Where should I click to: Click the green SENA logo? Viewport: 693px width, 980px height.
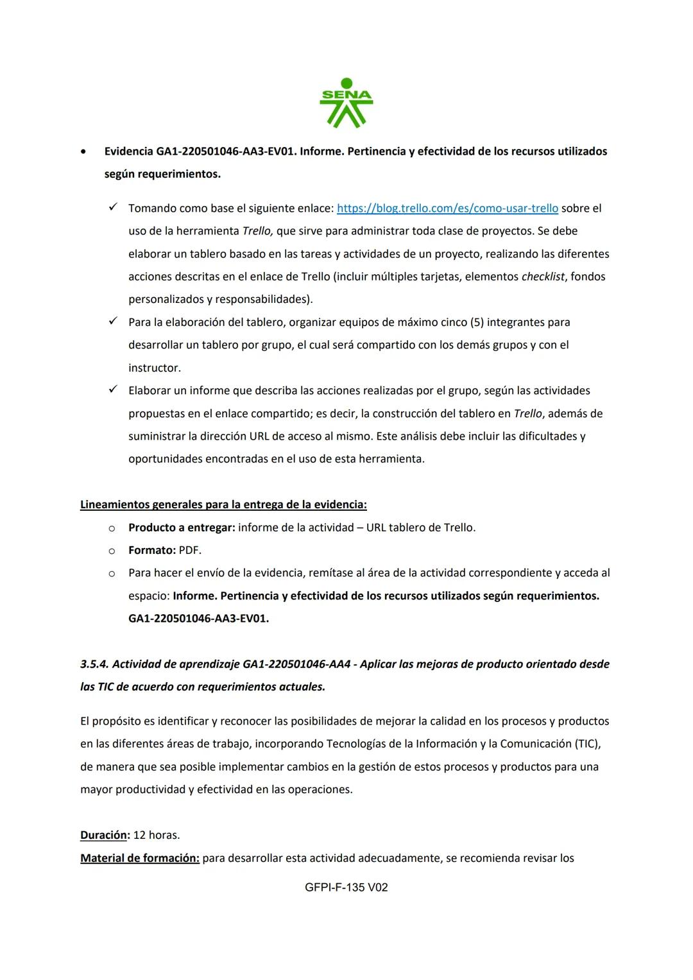pos(346,103)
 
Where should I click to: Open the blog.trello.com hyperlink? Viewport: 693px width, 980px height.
pos(447,209)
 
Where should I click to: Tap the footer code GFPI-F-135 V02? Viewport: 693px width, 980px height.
pos(346,888)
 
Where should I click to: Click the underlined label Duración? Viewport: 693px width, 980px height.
pos(105,836)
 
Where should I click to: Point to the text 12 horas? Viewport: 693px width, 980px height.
pos(157,836)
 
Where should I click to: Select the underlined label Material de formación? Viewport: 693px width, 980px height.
pos(140,858)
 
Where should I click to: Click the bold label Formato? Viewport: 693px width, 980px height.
pos(151,551)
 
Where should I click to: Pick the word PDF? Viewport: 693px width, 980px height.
pos(190,551)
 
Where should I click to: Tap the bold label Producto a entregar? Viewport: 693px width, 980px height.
pos(182,528)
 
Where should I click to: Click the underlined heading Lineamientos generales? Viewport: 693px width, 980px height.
pos(223,505)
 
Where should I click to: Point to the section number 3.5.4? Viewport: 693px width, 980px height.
pos(94,664)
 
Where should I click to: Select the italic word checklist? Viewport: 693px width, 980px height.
pos(543,277)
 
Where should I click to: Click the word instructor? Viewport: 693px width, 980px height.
pos(154,368)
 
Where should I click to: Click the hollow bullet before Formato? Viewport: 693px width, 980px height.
pos(112,551)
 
